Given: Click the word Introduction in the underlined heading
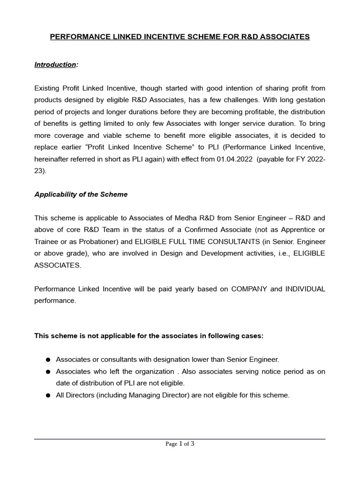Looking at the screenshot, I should pos(55,64).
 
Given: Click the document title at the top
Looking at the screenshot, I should pos(180,37).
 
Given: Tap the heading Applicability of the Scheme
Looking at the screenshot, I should pos(81,195).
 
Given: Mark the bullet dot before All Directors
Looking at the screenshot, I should pos(48,396).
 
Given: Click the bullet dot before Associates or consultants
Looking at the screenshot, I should pos(48,360).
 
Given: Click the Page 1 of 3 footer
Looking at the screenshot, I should pos(180,444).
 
